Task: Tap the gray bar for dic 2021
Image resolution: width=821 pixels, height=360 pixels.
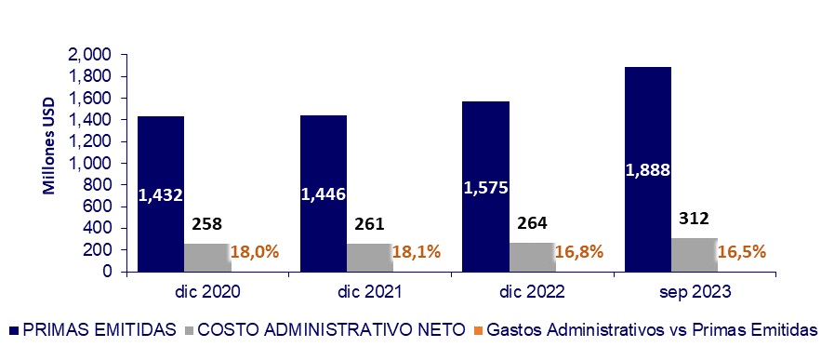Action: click(x=369, y=258)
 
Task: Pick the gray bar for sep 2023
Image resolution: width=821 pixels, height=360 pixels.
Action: click(x=695, y=255)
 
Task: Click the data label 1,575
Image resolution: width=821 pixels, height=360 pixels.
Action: click(x=485, y=187)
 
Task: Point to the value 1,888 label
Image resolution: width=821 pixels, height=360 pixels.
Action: click(x=648, y=169)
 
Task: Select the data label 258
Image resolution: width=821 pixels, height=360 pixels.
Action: click(x=206, y=223)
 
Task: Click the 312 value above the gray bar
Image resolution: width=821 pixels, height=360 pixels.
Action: click(x=694, y=219)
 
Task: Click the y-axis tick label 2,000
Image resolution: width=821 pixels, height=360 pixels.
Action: click(x=90, y=55)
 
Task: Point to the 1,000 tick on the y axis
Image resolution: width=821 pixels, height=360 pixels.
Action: click(x=90, y=164)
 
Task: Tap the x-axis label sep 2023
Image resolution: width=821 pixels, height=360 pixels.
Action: click(x=694, y=291)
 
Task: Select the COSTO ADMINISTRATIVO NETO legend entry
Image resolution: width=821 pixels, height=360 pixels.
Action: click(x=324, y=330)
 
